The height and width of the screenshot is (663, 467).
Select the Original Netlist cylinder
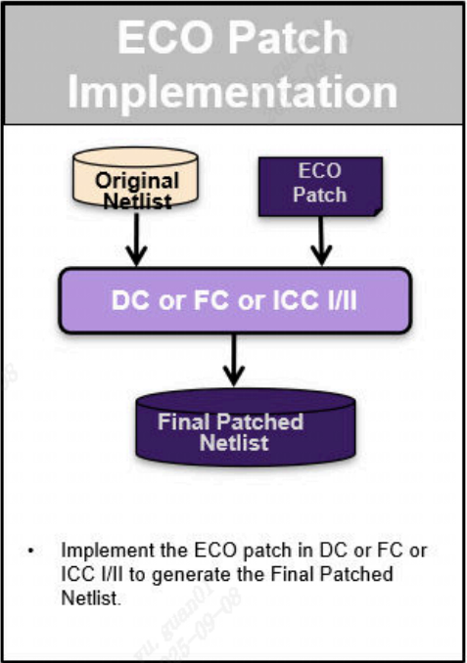[136, 184]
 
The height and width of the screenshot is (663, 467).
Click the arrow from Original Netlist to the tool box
[136, 244]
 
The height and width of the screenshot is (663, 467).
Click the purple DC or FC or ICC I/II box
[232, 301]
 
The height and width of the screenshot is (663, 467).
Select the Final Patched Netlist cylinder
[231, 430]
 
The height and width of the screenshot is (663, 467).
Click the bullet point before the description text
[32, 552]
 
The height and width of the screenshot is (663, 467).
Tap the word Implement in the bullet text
[95, 551]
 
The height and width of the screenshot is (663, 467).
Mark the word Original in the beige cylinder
[137, 181]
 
